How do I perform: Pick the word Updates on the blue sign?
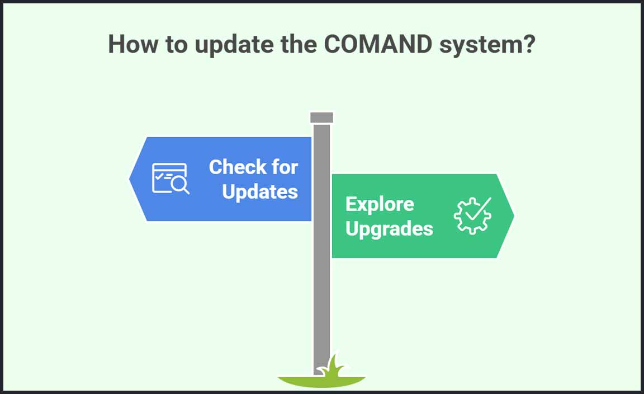[x=260, y=191]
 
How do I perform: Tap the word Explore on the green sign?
[x=380, y=204]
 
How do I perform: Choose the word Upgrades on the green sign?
[x=389, y=228]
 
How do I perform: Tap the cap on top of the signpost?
[x=321, y=118]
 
